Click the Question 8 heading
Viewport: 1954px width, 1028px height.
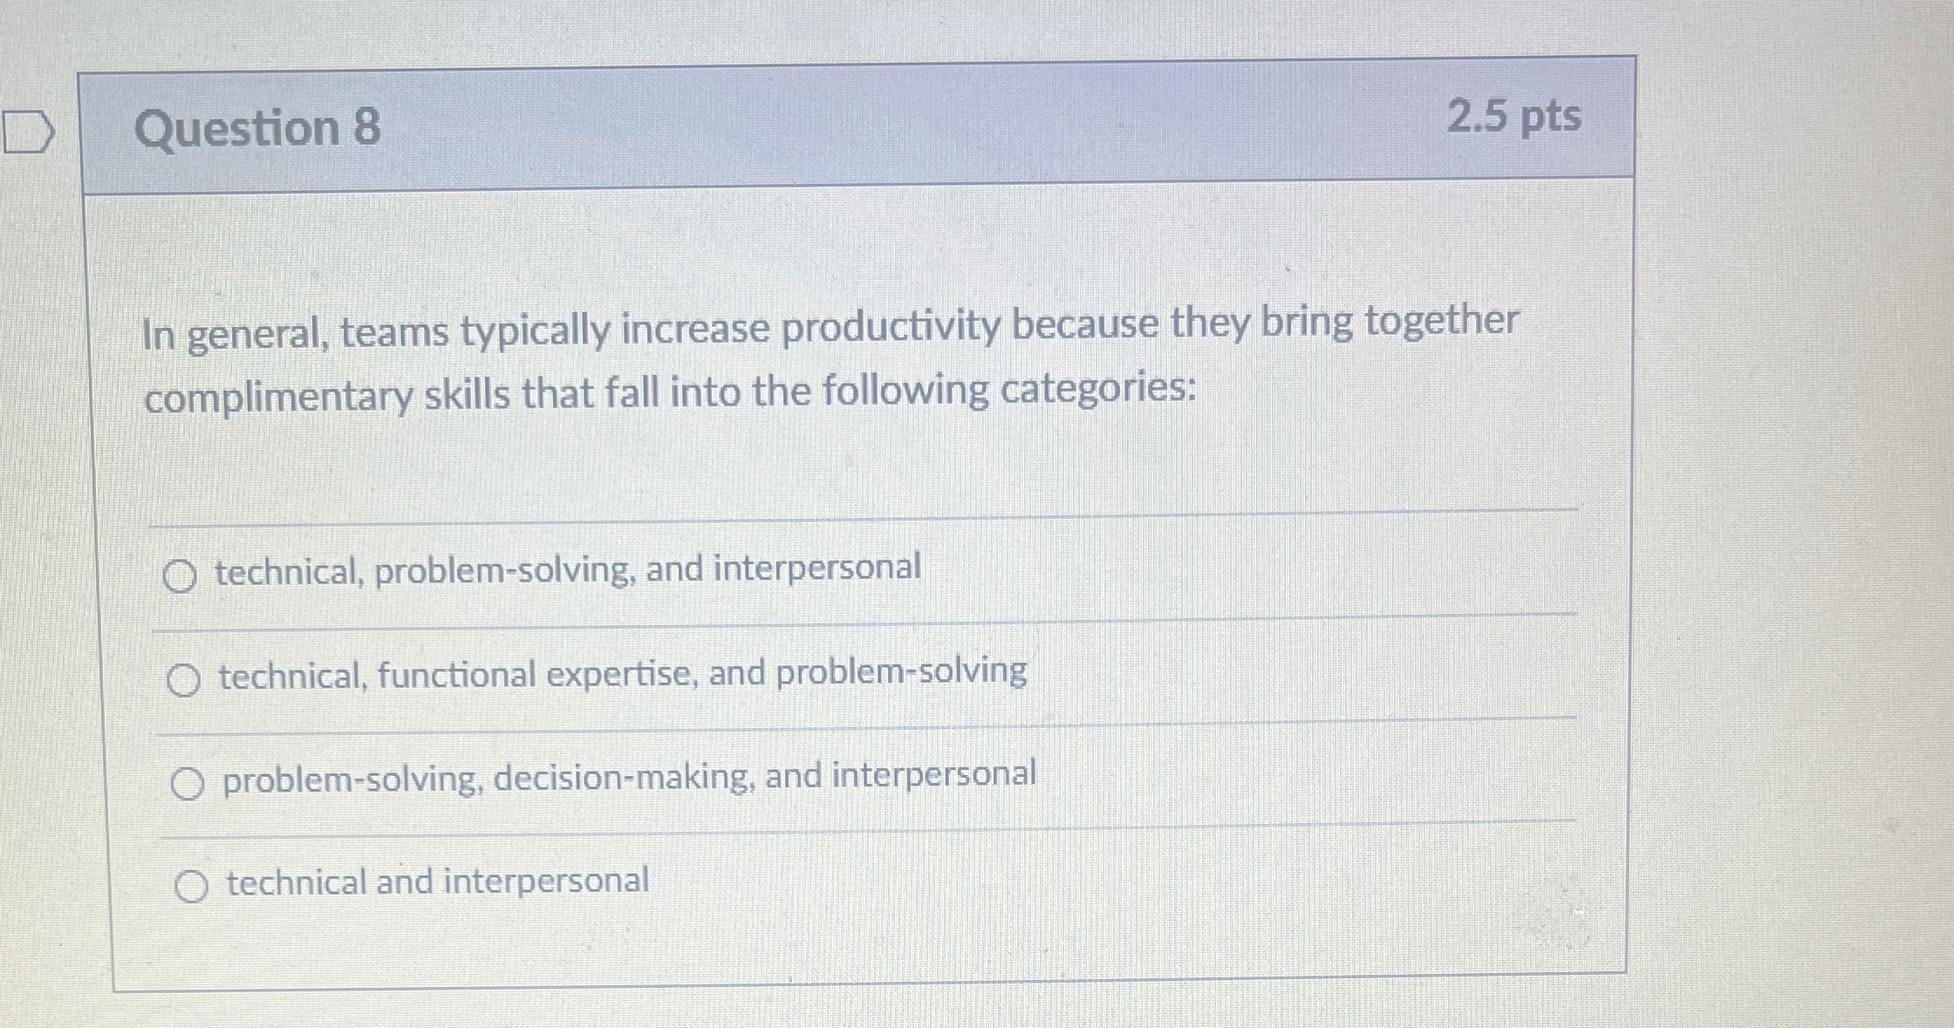[256, 127]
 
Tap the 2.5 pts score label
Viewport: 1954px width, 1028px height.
[1513, 116]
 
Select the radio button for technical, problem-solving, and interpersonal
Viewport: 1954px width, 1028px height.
[180, 576]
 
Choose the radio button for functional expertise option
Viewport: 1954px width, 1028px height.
[183, 680]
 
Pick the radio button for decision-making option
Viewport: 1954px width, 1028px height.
[188, 784]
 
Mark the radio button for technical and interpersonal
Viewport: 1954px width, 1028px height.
[191, 887]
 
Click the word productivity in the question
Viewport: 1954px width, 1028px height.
[891, 328]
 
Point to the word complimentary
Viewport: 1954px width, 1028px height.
[278, 398]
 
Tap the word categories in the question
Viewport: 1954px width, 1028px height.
[1097, 389]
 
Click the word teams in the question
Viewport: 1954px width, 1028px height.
[394, 332]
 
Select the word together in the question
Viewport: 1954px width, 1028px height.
[1441, 320]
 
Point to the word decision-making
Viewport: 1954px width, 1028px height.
[624, 777]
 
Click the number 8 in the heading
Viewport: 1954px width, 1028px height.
[366, 127]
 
